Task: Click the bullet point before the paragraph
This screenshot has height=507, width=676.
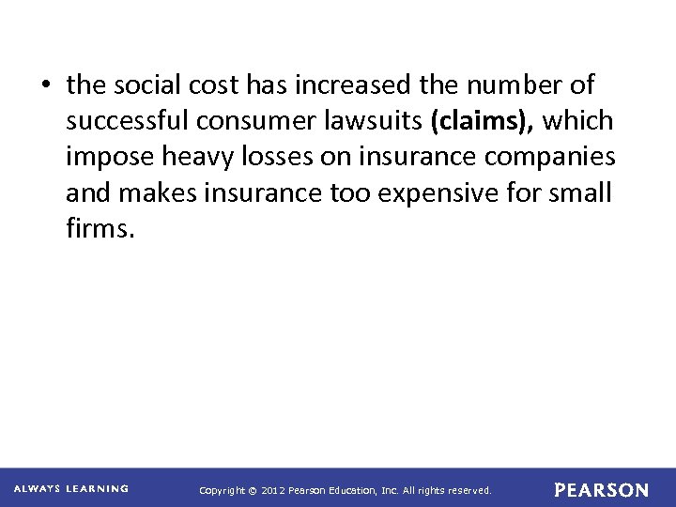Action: tap(46, 85)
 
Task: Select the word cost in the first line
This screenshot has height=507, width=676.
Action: tap(215, 85)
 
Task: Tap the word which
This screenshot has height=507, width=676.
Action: tap(578, 121)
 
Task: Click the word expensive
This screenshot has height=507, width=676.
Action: tap(438, 193)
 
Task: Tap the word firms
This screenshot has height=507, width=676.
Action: tap(100, 229)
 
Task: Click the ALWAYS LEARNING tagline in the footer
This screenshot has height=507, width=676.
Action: tap(71, 488)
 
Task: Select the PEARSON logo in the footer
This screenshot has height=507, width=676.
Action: tap(601, 489)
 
